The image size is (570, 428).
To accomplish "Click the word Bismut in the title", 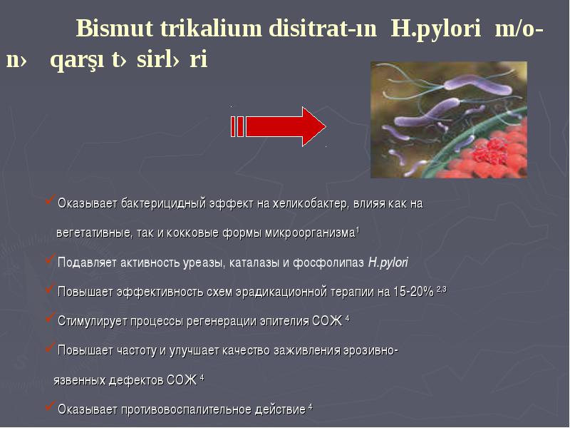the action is (115, 28).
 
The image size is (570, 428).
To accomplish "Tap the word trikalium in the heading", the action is (211, 28).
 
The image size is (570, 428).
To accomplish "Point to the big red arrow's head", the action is (313, 127).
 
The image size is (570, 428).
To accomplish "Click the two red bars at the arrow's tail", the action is (237, 127).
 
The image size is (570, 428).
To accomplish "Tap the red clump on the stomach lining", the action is (490, 151).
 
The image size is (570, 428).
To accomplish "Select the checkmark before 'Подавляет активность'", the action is (50, 259).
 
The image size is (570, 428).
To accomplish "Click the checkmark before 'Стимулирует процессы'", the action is (50, 317).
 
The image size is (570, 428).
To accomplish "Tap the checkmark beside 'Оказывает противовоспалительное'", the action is (50, 406).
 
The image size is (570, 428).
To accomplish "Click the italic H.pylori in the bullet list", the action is (388, 263).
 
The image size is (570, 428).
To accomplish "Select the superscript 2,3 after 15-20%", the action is (441, 290).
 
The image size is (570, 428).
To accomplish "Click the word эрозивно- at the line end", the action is (370, 350).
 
